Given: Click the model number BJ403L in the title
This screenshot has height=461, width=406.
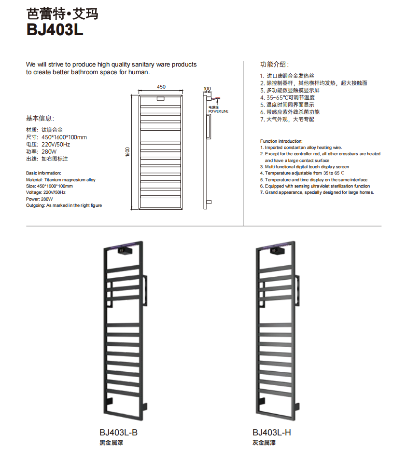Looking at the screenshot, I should click(x=55, y=30).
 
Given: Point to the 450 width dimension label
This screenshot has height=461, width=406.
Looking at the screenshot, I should click(x=161, y=87).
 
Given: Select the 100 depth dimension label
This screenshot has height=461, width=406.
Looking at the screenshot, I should click(x=207, y=89).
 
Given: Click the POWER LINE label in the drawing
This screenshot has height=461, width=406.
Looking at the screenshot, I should click(x=218, y=111).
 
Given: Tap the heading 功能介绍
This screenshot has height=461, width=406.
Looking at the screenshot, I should click(x=275, y=64).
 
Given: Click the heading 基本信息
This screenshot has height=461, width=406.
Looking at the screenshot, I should click(x=40, y=118).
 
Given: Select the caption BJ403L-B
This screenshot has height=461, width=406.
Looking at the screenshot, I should click(x=119, y=433).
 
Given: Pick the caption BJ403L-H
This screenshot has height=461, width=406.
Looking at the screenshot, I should click(x=271, y=433).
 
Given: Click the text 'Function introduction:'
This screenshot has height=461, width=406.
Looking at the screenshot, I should click(x=281, y=141).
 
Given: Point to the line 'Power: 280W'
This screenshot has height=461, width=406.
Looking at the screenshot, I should click(x=39, y=199).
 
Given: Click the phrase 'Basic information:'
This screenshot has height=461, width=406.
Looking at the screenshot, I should click(x=43, y=173).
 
